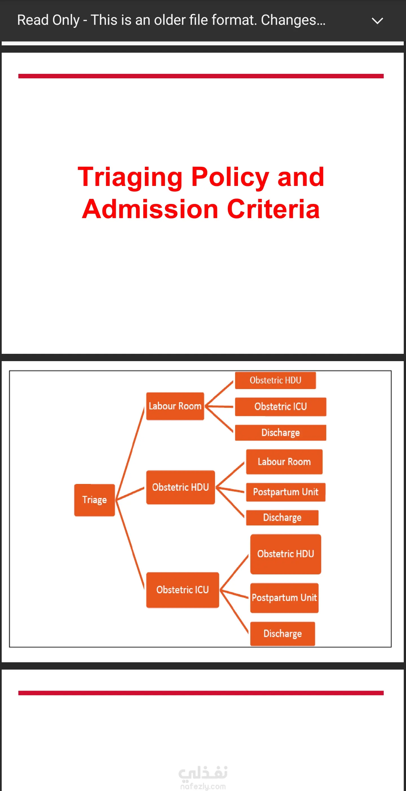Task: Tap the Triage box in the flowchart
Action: (94, 500)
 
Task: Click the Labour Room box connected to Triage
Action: (175, 406)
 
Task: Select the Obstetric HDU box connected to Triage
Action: (180, 487)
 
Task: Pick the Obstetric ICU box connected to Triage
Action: (183, 590)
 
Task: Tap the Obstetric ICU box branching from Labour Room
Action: (281, 406)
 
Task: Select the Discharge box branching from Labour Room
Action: (281, 433)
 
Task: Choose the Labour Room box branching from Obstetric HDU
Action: (284, 461)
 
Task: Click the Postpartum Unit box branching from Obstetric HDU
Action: (286, 492)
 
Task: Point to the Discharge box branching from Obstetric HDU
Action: (282, 518)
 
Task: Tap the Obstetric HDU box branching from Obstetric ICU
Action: (286, 554)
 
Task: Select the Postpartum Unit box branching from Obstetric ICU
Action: (284, 597)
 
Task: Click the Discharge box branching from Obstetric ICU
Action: (283, 634)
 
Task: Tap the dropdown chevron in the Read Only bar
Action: (377, 21)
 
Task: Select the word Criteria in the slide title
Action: (273, 209)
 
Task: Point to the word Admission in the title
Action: (150, 209)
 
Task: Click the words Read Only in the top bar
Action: (48, 20)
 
